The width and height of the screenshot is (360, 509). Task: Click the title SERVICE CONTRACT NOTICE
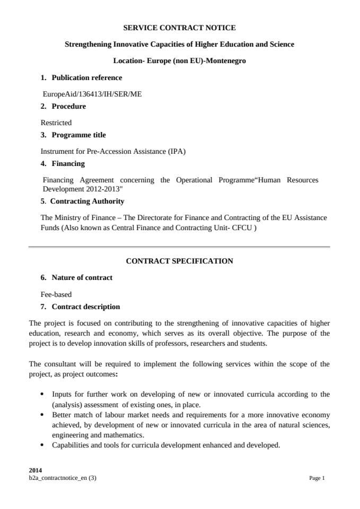click(179, 28)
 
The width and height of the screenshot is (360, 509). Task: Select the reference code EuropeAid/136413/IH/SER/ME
click(92, 94)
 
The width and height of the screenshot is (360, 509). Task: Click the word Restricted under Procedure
click(56, 122)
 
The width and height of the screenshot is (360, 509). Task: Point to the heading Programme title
click(78, 135)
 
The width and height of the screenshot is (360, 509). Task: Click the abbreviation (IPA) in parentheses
click(177, 151)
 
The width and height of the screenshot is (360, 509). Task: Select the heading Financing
click(68, 163)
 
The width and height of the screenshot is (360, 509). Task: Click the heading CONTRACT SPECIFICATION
click(179, 261)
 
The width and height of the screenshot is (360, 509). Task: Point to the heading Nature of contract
click(82, 277)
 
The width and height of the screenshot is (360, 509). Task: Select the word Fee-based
click(56, 294)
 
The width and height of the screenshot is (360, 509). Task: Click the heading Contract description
click(85, 306)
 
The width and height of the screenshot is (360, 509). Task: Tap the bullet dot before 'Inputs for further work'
click(42, 394)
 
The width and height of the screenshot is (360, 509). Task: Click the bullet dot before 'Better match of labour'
click(42, 415)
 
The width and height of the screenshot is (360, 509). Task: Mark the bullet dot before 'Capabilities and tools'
click(42, 445)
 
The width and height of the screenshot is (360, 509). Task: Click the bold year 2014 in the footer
click(36, 470)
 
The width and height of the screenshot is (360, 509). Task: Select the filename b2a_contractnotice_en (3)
click(63, 478)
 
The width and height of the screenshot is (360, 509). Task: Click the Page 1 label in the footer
click(317, 478)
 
